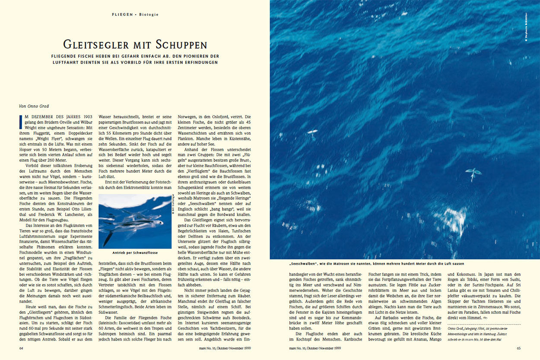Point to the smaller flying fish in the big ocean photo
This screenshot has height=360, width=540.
311,133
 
